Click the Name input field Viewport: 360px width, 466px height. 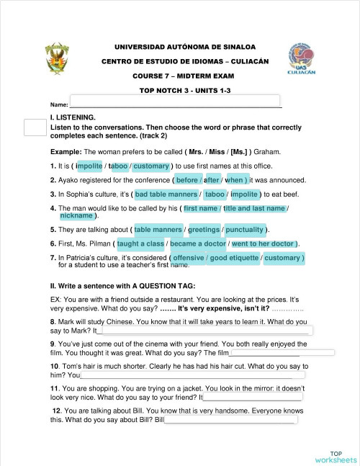pyautogui.click(x=174, y=101)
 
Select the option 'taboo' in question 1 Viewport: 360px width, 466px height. pyautogui.click(x=118, y=166)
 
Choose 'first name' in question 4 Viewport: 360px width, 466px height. pyautogui.click(x=201, y=208)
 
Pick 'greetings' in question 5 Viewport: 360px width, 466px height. pyautogui.click(x=204, y=230)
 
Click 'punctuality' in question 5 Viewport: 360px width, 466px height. pyautogui.click(x=245, y=230)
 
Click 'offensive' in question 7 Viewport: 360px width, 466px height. pyautogui.click(x=189, y=257)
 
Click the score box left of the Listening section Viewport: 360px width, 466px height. pyautogui.click(x=35, y=127)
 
